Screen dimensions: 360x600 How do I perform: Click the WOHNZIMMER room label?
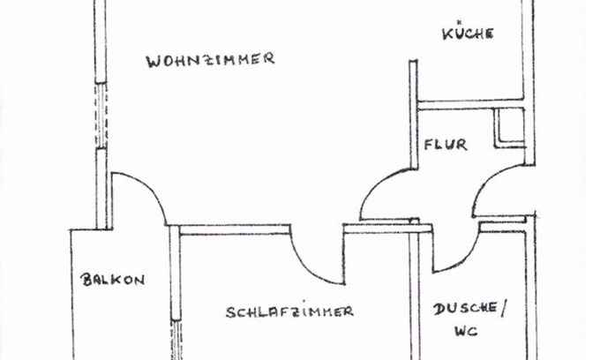click(210, 60)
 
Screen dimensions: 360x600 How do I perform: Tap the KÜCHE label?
click(468, 34)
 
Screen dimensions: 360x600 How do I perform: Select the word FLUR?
click(444, 145)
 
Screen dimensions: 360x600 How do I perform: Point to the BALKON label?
click(113, 280)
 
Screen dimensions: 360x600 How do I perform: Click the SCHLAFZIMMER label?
click(289, 311)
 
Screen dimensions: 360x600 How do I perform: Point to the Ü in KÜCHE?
click(457, 33)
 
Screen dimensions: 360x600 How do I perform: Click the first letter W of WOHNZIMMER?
click(153, 61)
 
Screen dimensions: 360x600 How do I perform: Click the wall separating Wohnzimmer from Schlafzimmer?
click(234, 229)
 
